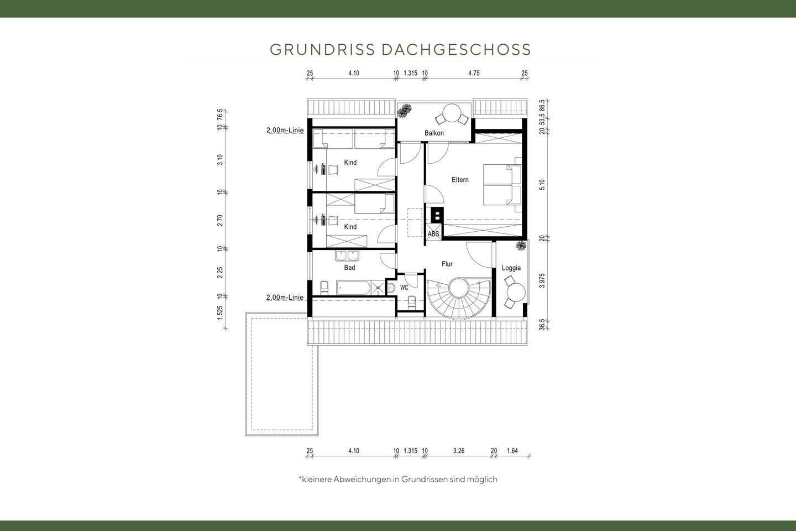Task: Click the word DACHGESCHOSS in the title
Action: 456,49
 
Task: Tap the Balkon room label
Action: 434,133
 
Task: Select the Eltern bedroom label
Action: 460,180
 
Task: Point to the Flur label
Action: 447,264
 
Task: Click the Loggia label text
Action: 511,268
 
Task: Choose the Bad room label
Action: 349,268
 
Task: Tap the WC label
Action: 404,288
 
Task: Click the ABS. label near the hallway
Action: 434,235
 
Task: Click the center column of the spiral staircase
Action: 458,288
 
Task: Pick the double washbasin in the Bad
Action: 347,256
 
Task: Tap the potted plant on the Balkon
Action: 406,110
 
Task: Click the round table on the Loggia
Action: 517,289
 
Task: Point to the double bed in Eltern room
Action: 502,184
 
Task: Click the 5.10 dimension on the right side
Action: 542,185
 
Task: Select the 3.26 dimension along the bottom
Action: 458,451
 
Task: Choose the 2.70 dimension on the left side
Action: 220,220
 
